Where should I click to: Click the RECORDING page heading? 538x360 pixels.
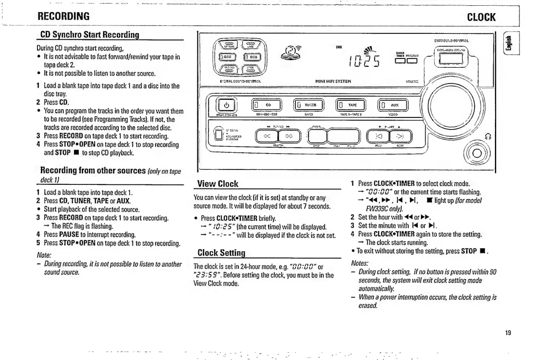[64, 17]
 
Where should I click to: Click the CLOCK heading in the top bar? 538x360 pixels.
[481, 17]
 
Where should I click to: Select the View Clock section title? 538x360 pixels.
[217, 184]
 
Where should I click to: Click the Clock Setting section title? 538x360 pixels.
[221, 253]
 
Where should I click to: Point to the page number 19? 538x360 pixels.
[508, 333]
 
